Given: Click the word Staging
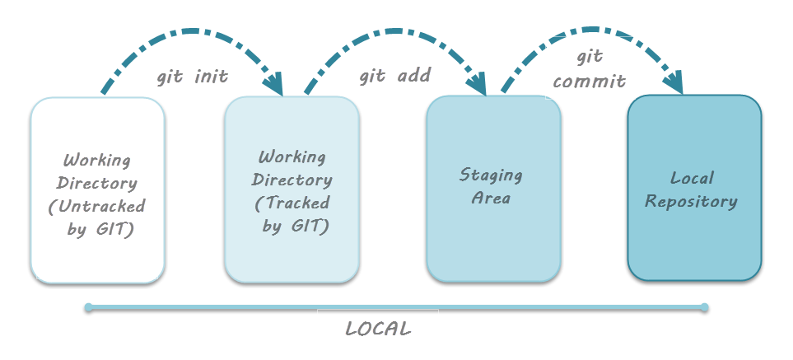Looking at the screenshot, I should [x=492, y=175].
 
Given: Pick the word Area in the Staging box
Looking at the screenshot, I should [x=492, y=198].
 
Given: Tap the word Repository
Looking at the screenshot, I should [x=691, y=201].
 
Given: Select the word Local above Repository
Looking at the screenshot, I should [x=692, y=178].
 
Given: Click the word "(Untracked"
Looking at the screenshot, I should [x=97, y=206].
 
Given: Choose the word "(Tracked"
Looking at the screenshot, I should [x=292, y=203].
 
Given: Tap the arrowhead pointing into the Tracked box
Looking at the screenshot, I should [x=273, y=86].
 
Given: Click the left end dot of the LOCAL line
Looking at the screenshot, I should [x=88, y=308].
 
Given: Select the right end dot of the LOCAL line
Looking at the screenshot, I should [x=705, y=308].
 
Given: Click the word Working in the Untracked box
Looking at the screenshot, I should [x=97, y=160].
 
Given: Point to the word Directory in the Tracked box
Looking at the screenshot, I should [x=292, y=180].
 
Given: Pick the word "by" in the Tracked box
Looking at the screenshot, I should [x=273, y=226].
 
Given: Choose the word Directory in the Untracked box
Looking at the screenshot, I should [x=97, y=183].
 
